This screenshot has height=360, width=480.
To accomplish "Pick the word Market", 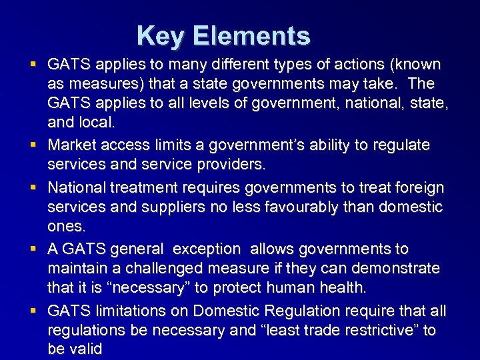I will click(x=71, y=145).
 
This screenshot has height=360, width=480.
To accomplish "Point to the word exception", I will click(x=206, y=249).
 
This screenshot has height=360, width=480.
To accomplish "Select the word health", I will click(x=344, y=287).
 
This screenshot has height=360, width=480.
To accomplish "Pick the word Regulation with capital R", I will click(x=308, y=311).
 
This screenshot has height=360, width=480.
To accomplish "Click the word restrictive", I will click(x=375, y=330).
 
